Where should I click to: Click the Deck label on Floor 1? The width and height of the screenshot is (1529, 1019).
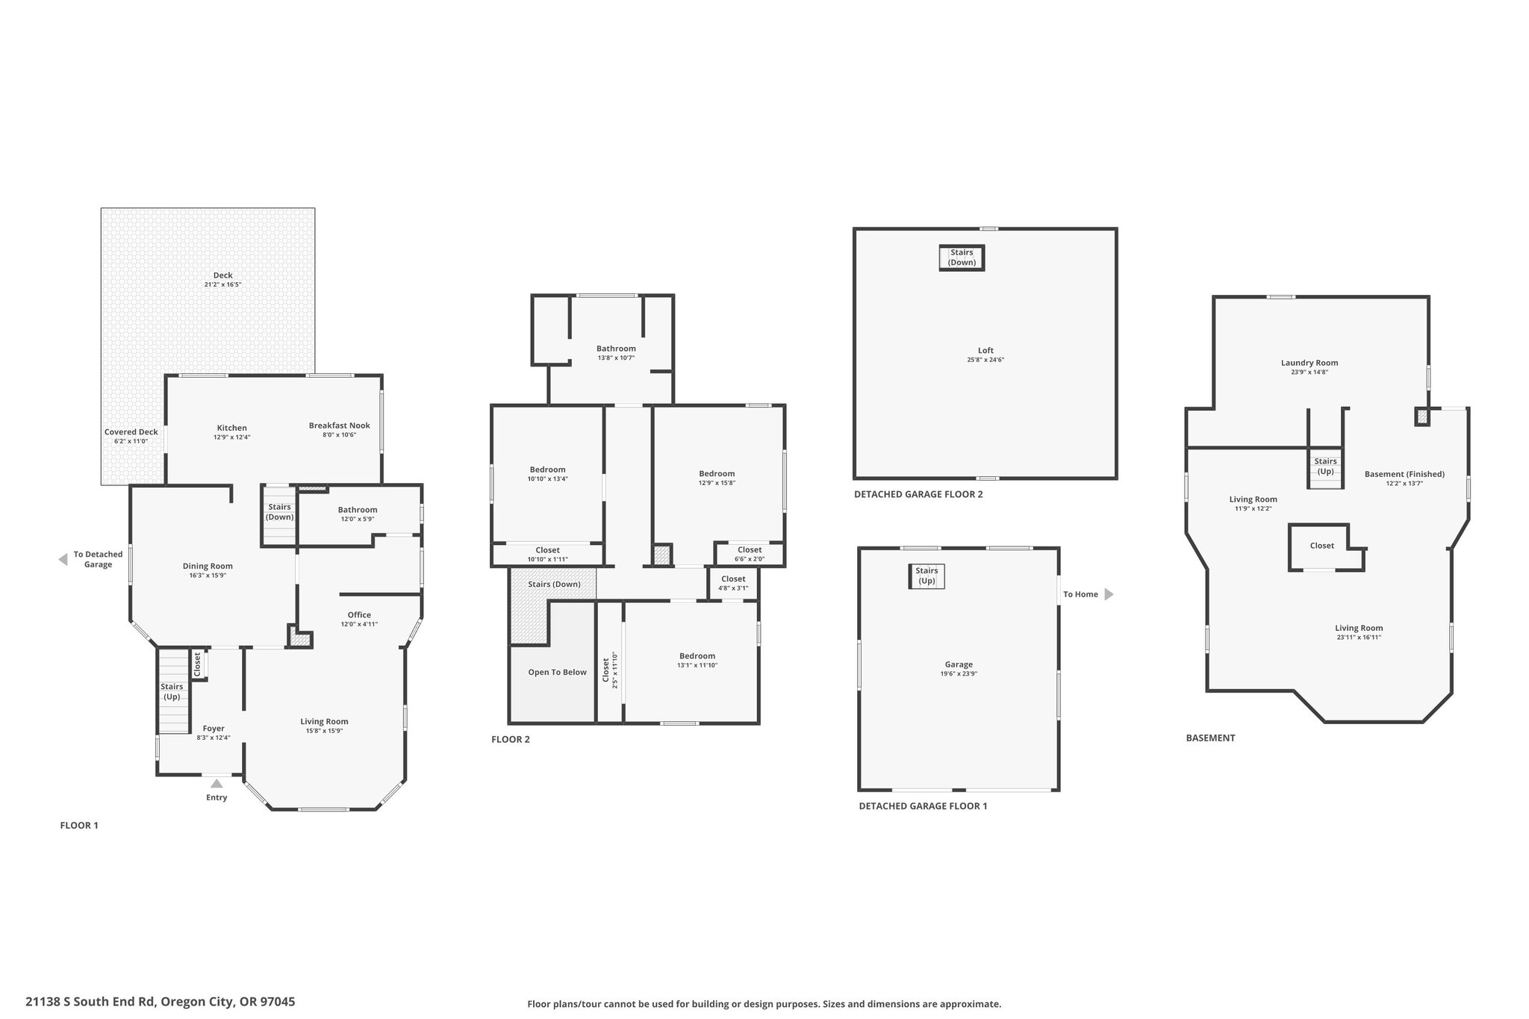coord(222,275)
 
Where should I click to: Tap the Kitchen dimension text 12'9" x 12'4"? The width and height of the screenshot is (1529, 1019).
coord(231,437)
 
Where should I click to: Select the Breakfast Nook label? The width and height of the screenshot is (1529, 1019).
coord(340,426)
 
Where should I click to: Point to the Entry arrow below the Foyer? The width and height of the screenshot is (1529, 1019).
coord(217,783)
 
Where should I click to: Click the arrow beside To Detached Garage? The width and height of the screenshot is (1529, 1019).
coord(63,560)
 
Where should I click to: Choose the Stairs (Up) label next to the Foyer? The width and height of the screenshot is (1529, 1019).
coord(172,691)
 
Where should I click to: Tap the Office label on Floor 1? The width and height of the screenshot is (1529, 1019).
coord(359,615)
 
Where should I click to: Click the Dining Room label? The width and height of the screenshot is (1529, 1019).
coord(208,566)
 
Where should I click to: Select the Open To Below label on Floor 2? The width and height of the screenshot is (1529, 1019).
coord(558,672)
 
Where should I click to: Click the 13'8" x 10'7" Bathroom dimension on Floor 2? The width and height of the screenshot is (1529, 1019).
coord(616,358)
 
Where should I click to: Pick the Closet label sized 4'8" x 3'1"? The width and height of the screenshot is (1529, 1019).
coord(733,579)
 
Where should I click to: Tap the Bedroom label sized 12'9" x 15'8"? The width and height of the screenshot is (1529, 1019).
coord(717,473)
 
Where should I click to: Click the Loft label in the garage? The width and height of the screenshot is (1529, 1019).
coord(986,350)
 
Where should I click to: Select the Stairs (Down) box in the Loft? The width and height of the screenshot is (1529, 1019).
coord(962,258)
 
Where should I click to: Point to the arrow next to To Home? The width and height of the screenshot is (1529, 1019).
coord(1109,594)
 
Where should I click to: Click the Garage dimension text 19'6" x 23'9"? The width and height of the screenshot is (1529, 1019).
coord(959,673)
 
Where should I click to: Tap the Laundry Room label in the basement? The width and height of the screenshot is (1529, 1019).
coord(1310,363)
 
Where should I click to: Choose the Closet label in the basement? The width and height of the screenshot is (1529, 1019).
coord(1322,546)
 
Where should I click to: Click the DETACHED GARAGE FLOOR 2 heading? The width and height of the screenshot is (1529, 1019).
coord(918,494)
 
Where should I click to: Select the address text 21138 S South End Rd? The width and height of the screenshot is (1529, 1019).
coord(90,1002)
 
